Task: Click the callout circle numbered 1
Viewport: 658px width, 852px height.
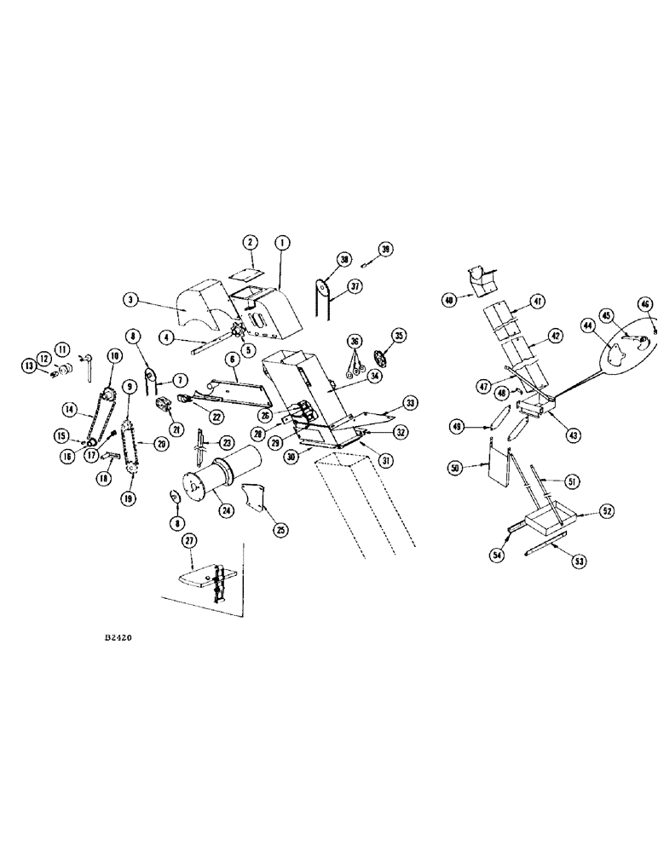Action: coord(281,243)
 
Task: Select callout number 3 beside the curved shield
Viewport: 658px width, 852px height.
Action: coord(130,300)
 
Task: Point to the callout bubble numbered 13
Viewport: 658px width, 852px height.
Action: coord(29,366)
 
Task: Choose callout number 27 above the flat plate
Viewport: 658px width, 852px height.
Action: coord(188,540)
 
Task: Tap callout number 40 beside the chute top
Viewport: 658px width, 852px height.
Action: coord(448,300)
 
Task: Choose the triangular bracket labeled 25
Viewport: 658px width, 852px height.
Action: coord(254,498)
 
